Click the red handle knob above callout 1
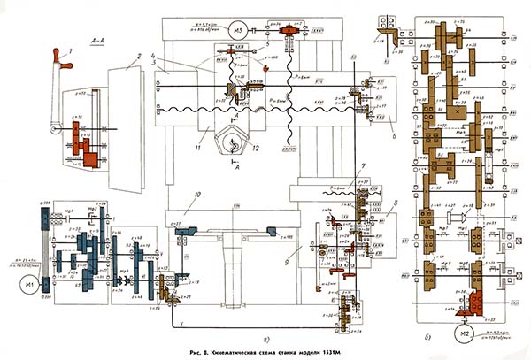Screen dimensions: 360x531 click(x=61, y=57)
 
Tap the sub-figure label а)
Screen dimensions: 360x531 click(x=255, y=337)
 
